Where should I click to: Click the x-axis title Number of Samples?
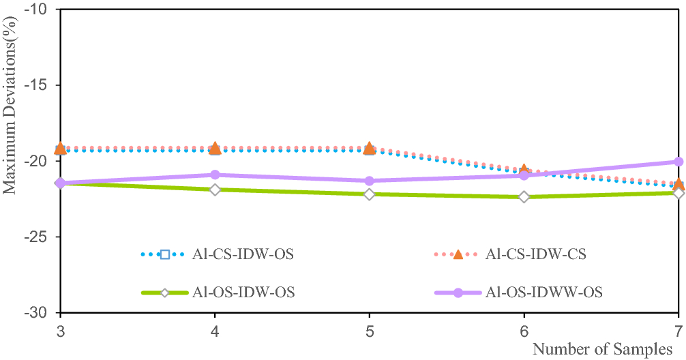(602, 350)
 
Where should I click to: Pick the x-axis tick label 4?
(215, 329)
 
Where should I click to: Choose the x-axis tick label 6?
(524, 329)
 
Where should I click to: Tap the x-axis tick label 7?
(678, 329)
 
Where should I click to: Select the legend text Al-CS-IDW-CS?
(536, 255)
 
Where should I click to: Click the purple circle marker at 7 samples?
(678, 162)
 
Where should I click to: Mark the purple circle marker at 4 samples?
(215, 175)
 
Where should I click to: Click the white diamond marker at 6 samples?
(524, 197)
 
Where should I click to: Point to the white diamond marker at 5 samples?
(370, 194)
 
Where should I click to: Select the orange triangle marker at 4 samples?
(215, 148)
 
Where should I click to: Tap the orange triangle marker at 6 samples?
(524, 170)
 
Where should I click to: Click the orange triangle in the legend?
(458, 254)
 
